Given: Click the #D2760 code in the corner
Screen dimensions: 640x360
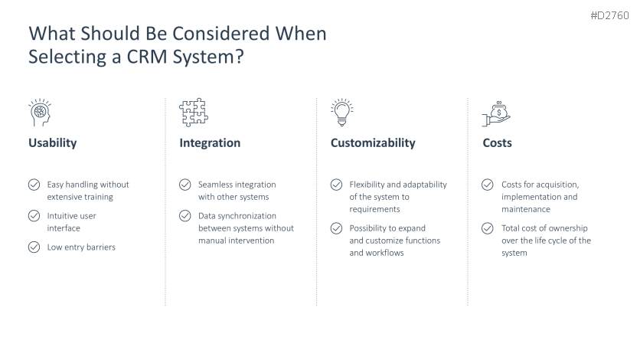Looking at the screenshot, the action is [610, 15].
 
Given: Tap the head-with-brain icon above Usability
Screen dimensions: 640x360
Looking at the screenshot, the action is [40, 113].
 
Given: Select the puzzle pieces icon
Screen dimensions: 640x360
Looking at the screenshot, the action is [194, 113].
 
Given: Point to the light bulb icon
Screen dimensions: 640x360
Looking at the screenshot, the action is [342, 113].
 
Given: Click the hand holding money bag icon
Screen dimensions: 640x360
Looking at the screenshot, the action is [496, 114].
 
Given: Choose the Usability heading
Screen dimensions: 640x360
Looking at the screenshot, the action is [53, 143].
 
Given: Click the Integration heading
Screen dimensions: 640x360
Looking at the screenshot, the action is [210, 143].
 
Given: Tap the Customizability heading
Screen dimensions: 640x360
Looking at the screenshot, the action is [373, 143].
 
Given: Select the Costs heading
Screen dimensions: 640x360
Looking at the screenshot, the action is [497, 143].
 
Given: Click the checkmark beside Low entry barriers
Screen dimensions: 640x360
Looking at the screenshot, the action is [34, 247].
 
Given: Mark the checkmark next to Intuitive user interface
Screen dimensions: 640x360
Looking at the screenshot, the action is [34, 215].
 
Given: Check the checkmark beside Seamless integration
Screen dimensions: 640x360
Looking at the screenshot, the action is [185, 185].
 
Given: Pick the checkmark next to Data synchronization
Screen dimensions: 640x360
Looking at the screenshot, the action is [185, 215].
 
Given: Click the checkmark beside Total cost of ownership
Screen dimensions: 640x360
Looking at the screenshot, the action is [488, 228].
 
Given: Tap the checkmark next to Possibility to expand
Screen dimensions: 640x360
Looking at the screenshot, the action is [336, 228].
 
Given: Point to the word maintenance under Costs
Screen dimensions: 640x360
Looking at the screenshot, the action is [526, 209].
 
